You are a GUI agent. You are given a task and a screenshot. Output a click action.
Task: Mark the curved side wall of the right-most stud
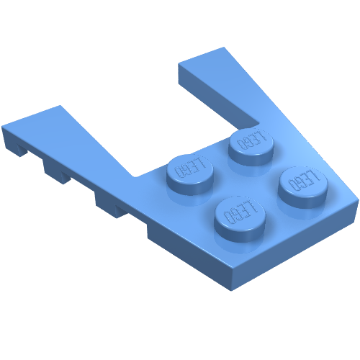pyautogui.click(x=304, y=198)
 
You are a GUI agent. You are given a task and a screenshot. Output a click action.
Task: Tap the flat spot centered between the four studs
pyautogui.click(x=245, y=176)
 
